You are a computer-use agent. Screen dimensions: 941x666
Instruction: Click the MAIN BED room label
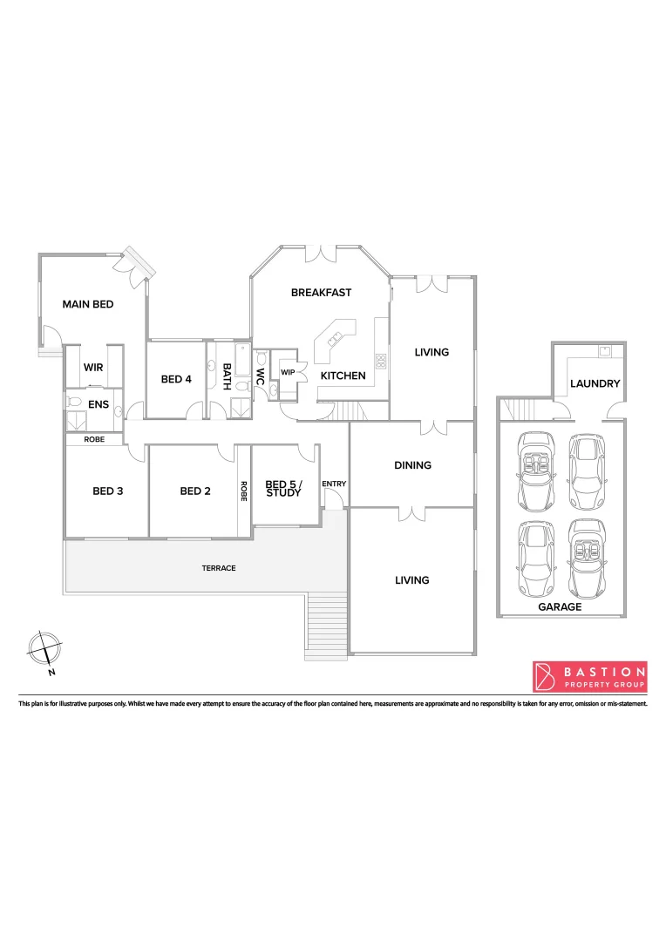[x=88, y=305]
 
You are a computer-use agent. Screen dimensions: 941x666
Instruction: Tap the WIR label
[x=93, y=368]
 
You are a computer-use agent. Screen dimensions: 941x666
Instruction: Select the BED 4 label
[x=176, y=379]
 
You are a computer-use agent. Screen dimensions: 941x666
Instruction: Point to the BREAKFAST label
[x=321, y=293]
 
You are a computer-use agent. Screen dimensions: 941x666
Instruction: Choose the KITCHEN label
[x=343, y=376]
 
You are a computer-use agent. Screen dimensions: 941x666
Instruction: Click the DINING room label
[x=412, y=465]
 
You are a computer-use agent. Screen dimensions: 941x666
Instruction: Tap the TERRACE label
[x=219, y=568]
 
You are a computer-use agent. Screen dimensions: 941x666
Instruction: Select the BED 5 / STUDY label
[x=283, y=489]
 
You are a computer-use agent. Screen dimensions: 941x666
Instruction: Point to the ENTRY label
[x=334, y=484]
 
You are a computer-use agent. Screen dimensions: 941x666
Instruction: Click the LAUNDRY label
[x=595, y=383]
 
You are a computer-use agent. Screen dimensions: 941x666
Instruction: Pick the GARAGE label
[x=560, y=607]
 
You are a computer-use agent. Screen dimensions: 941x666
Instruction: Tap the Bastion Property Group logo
[x=589, y=676]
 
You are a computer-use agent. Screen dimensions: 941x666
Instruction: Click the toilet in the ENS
[x=74, y=403]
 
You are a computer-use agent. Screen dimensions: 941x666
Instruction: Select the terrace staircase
[x=327, y=622]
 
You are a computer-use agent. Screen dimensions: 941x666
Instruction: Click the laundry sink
[x=604, y=352]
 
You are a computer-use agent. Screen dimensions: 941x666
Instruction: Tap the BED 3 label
[x=108, y=491]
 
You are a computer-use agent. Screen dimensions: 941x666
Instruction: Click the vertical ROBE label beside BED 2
[x=244, y=491]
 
